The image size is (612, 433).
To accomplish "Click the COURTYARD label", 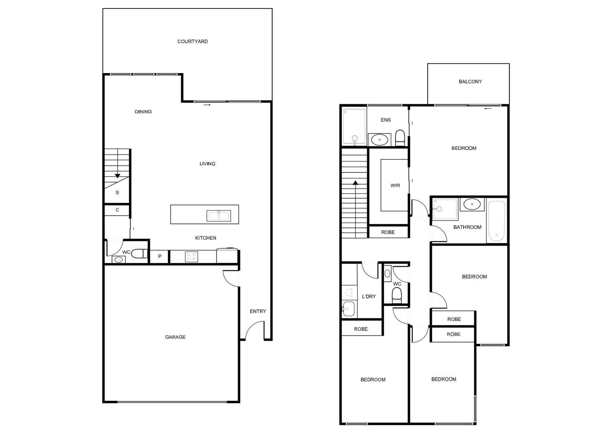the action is [193, 41].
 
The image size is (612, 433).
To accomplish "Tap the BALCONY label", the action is [470, 82].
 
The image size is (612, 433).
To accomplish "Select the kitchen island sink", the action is [219, 216].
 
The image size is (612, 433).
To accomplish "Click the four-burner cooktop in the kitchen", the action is [192, 257].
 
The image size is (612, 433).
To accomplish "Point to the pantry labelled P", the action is [159, 257].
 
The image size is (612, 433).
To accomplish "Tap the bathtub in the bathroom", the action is [496, 221].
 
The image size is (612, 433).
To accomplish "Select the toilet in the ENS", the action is [400, 138].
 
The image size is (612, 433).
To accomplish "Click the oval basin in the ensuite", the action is [379, 140].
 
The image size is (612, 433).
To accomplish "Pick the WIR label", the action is [395, 186].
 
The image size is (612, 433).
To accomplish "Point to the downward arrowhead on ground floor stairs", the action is [117, 176].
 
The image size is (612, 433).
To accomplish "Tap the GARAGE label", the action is [175, 337].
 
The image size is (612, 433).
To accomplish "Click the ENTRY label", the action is [258, 312].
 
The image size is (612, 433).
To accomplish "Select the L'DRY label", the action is [369, 297].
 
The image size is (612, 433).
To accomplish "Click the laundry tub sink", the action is [348, 308].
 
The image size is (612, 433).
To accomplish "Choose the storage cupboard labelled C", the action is [117, 210].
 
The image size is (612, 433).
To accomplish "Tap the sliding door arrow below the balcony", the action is [488, 109].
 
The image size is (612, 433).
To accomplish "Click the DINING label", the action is [143, 112].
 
